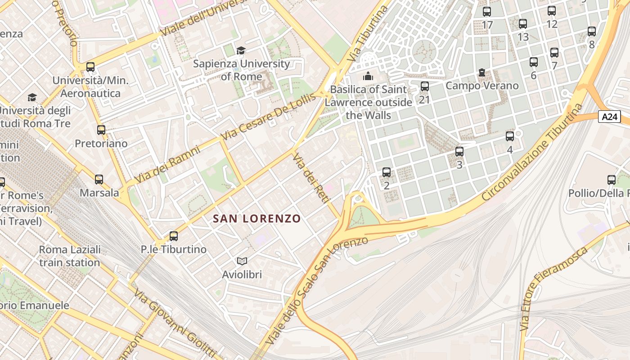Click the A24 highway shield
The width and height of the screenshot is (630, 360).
[x=609, y=117]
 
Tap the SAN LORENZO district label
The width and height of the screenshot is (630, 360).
[x=256, y=219]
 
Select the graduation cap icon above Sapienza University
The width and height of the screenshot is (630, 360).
[x=241, y=50]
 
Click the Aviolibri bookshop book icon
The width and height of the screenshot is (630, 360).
[x=242, y=261]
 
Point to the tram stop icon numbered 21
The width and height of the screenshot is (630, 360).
[x=424, y=86]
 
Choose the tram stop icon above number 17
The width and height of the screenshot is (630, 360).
[x=486, y=12]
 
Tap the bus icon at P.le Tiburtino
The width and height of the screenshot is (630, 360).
[x=173, y=236]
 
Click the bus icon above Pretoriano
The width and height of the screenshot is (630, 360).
[x=101, y=130]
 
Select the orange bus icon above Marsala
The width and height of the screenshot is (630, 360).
[x=99, y=180]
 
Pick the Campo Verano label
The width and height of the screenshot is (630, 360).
[x=482, y=85]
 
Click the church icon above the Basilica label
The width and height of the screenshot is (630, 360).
[x=368, y=76]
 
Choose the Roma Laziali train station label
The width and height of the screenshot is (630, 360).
[x=70, y=256]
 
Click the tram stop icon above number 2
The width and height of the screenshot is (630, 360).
[x=386, y=172]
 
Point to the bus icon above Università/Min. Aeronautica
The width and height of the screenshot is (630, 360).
[x=90, y=67]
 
